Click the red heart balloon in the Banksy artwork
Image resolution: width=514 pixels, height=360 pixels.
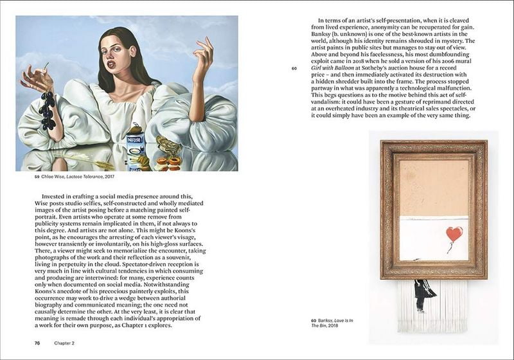click(454, 233)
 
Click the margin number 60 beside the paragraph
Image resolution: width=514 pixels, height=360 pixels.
click(294, 68)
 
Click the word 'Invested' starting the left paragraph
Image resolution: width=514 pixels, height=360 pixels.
click(55, 195)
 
